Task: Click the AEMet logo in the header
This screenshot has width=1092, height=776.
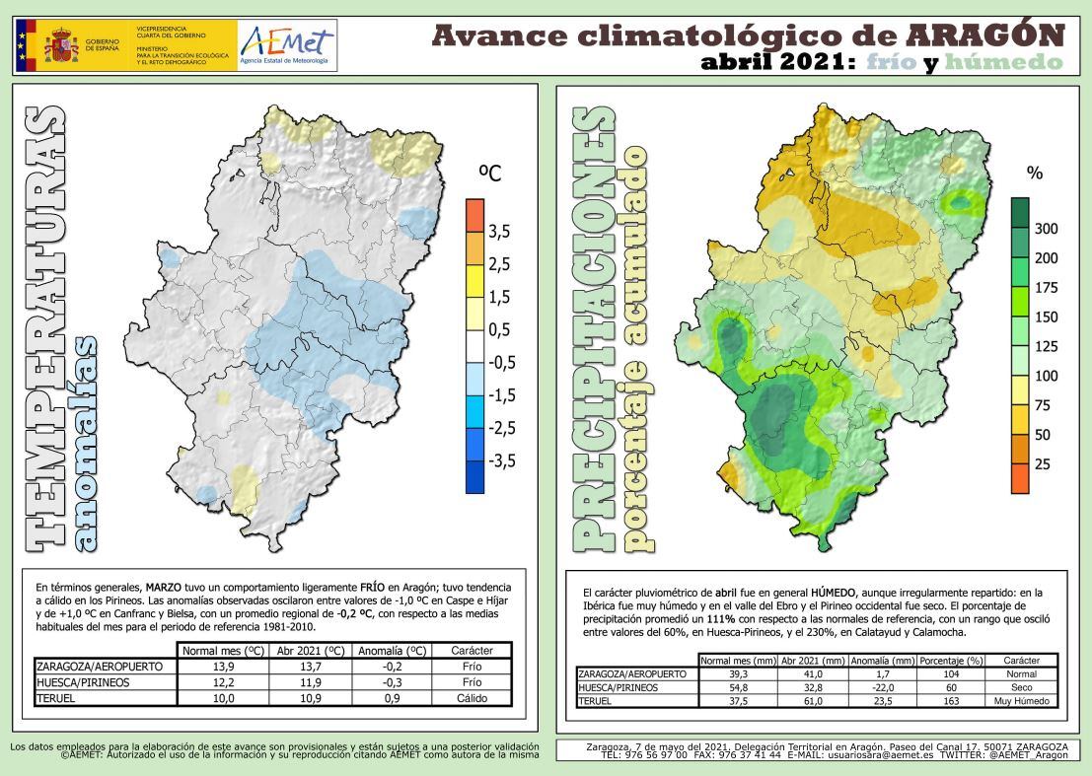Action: pos(286,45)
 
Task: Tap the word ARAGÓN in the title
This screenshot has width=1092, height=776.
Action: pos(987,35)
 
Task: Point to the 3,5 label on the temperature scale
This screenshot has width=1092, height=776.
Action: pos(499,232)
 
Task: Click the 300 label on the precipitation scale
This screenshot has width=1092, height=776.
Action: pos(1046,229)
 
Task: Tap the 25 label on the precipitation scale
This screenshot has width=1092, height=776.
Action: pos(1042,463)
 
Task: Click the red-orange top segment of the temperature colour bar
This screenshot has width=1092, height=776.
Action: pos(474,213)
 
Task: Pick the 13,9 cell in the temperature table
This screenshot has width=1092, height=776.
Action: pos(226,667)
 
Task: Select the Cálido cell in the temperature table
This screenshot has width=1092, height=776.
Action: pos(472,697)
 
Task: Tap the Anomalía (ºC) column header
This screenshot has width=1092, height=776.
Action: pos(392,650)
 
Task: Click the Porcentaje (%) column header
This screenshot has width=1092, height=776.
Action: pos(949,660)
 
